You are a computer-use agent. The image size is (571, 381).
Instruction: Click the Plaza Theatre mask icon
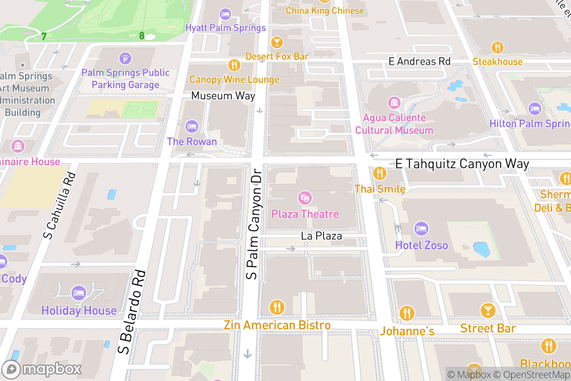tap(305, 197)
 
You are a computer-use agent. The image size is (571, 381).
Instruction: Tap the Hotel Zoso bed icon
tap(421, 229)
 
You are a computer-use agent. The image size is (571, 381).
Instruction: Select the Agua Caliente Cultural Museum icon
tap(394, 102)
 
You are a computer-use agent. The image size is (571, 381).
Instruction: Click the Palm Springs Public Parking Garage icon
tap(125, 59)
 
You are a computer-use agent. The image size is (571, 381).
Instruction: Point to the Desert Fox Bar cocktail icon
tap(276, 42)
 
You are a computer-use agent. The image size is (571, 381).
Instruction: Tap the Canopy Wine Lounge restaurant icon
tap(234, 65)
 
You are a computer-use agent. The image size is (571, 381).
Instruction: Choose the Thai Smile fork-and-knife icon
tap(380, 173)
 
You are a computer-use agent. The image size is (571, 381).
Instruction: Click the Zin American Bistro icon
tap(277, 307)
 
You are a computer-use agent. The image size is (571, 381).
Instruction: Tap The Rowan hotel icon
tap(191, 126)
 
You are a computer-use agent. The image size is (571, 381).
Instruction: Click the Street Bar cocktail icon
tap(488, 311)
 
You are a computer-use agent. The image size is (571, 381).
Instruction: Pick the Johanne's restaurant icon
tap(407, 313)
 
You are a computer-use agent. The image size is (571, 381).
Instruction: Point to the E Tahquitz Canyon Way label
tap(462, 164)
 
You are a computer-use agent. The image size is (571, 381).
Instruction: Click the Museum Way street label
tap(223, 96)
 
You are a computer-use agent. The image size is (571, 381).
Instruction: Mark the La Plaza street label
tap(321, 236)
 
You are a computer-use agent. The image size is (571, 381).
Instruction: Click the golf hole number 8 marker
tap(142, 35)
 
